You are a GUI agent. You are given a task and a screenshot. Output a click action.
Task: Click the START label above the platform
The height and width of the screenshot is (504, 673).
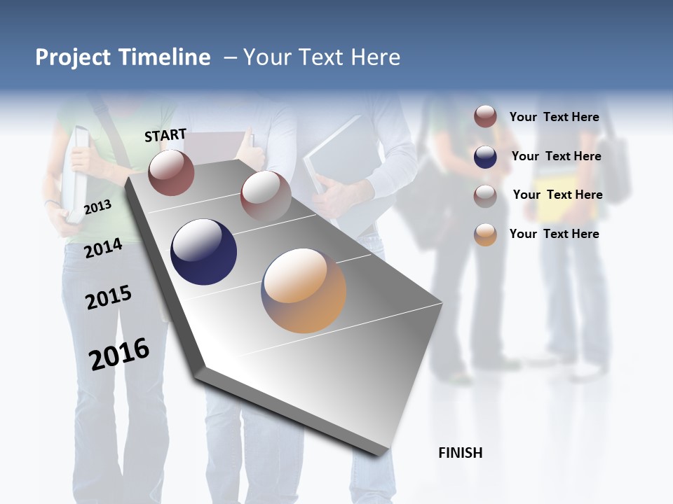[165, 135]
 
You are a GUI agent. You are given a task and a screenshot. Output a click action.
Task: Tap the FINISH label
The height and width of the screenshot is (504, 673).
[460, 453]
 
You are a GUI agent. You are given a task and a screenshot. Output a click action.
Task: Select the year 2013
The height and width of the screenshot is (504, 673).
[97, 207]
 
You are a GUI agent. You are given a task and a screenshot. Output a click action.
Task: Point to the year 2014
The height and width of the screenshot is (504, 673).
[103, 248]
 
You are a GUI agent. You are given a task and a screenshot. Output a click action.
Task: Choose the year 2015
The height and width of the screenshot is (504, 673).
[109, 297]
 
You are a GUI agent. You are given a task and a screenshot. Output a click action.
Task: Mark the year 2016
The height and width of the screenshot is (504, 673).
[119, 354]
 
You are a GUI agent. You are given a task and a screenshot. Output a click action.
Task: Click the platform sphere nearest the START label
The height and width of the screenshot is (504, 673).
[171, 172]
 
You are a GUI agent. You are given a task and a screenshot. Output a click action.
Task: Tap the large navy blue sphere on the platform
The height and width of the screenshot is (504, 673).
[204, 252]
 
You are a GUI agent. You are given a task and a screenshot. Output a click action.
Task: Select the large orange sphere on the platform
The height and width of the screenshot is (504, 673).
[304, 290]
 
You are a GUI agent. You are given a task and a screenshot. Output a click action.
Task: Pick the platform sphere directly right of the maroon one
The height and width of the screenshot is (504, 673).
[266, 196]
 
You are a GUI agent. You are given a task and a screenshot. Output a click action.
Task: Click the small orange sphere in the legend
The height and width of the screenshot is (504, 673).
[485, 234]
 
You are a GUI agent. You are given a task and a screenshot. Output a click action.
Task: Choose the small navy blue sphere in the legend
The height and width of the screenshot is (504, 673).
[485, 157]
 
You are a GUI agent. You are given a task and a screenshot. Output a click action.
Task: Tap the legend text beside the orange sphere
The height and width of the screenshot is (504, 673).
[554, 234]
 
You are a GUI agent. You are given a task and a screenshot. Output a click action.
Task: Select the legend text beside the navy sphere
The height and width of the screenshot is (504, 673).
[556, 156]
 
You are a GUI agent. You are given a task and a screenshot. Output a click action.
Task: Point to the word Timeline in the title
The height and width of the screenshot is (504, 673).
[165, 57]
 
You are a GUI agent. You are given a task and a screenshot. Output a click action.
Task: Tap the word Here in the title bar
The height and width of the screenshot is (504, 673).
[375, 57]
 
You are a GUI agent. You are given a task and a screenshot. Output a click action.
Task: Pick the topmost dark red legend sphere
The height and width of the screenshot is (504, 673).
[485, 116]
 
